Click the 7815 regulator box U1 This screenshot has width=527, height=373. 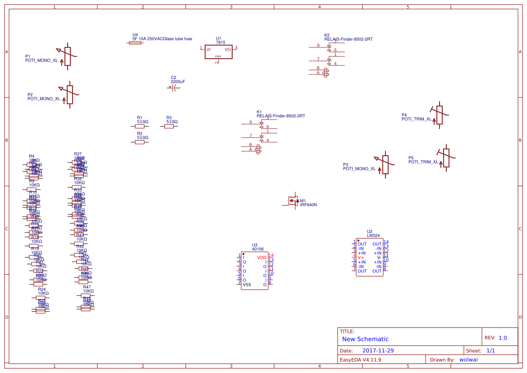[x=218, y=52]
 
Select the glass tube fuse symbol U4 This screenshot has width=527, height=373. [x=135, y=44]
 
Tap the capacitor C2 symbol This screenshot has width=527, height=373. [x=173, y=88]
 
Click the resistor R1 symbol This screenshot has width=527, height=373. [x=140, y=127]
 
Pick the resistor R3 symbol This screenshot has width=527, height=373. [x=169, y=127]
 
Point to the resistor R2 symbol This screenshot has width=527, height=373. [x=140, y=142]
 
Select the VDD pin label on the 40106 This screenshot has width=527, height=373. [x=262, y=258]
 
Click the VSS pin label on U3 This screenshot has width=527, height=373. [x=247, y=285]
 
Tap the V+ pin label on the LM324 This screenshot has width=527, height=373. [x=361, y=258]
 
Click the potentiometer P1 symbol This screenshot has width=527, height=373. [x=68, y=56]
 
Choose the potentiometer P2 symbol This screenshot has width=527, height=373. [x=69, y=94]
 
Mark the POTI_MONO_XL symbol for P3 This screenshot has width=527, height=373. [x=385, y=165]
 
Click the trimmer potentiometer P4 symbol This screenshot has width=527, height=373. [x=439, y=115]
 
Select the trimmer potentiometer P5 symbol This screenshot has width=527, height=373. [x=446, y=158]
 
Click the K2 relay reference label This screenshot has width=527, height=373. [x=327, y=35]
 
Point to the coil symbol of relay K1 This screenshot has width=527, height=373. [x=258, y=149]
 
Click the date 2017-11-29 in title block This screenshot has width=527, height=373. [x=378, y=350]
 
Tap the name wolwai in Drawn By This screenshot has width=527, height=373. [x=468, y=359]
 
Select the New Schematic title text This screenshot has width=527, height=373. [x=365, y=339]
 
